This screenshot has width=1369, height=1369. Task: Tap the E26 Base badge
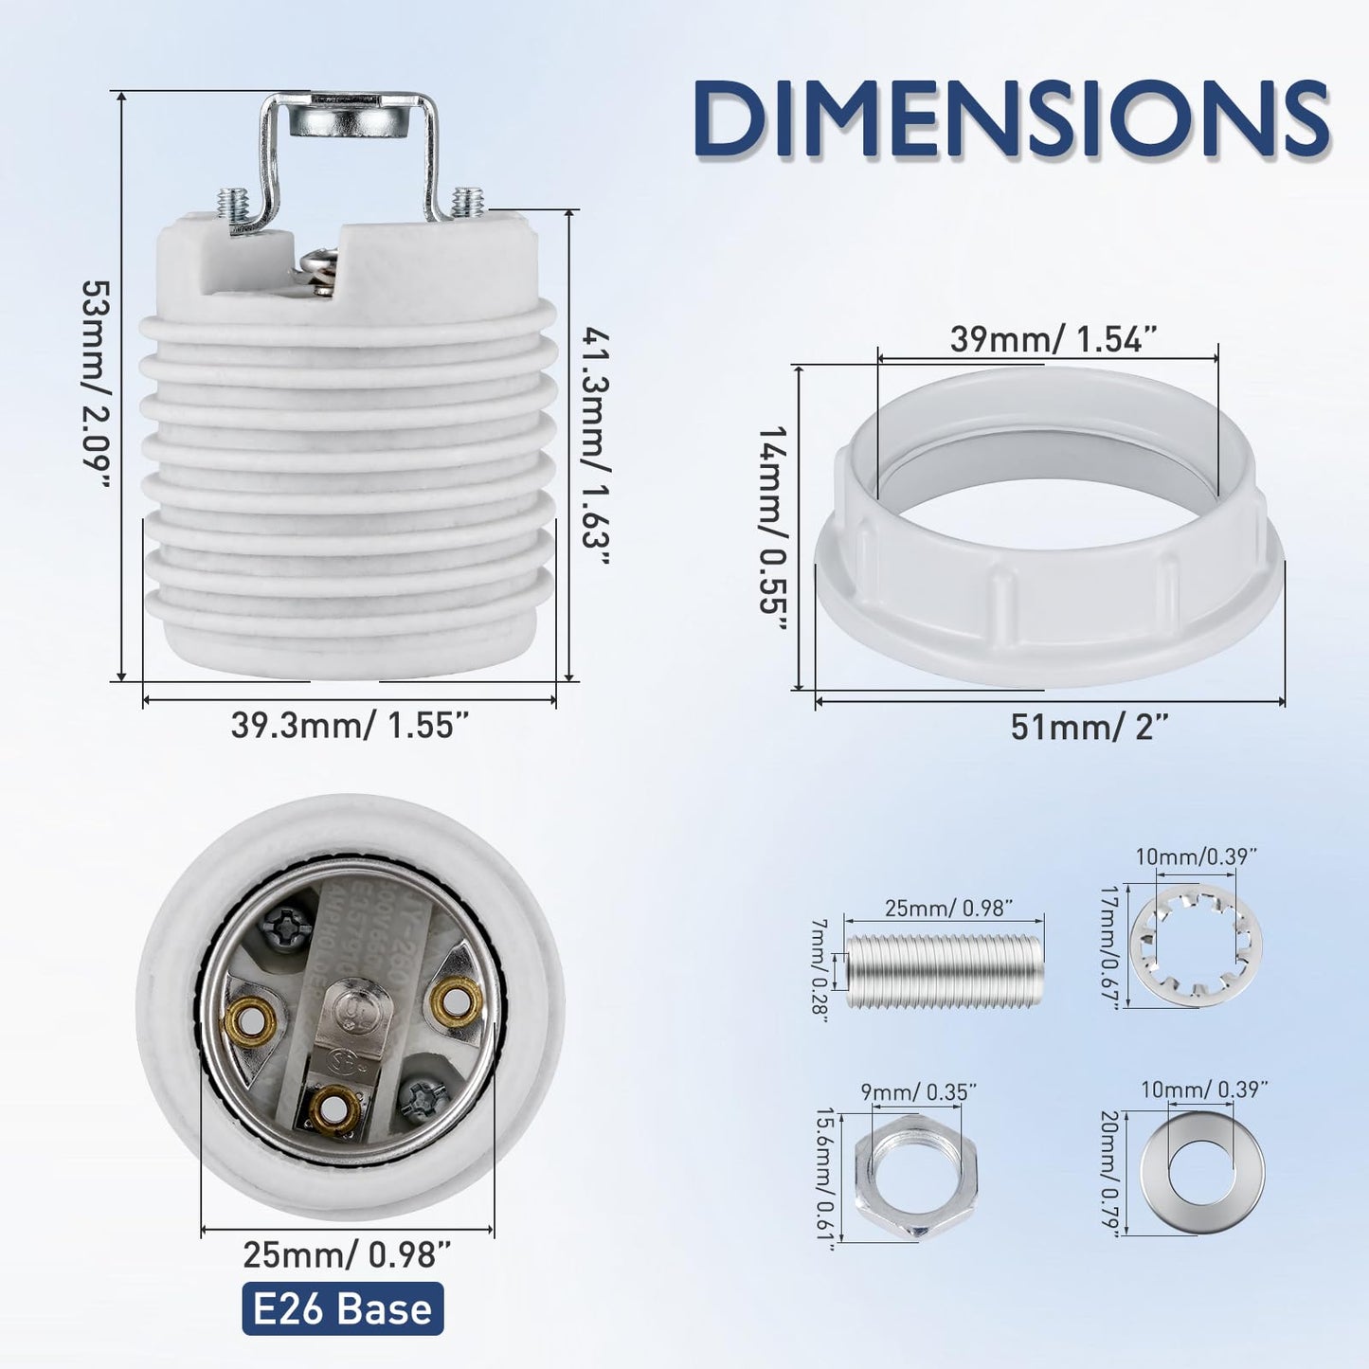click(x=342, y=1308)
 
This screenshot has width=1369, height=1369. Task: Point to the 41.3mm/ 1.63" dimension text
click(x=595, y=445)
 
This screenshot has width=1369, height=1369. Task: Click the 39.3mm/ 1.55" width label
click(x=350, y=726)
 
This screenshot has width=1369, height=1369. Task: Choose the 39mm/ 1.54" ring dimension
click(x=1054, y=338)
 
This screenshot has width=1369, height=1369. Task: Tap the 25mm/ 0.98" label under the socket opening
click(x=346, y=1254)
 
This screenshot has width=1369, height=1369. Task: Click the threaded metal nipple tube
click(x=945, y=971)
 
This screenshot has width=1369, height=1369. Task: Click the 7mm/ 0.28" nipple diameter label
click(x=819, y=966)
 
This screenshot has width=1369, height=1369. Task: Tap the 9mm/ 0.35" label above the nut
click(x=918, y=1091)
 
